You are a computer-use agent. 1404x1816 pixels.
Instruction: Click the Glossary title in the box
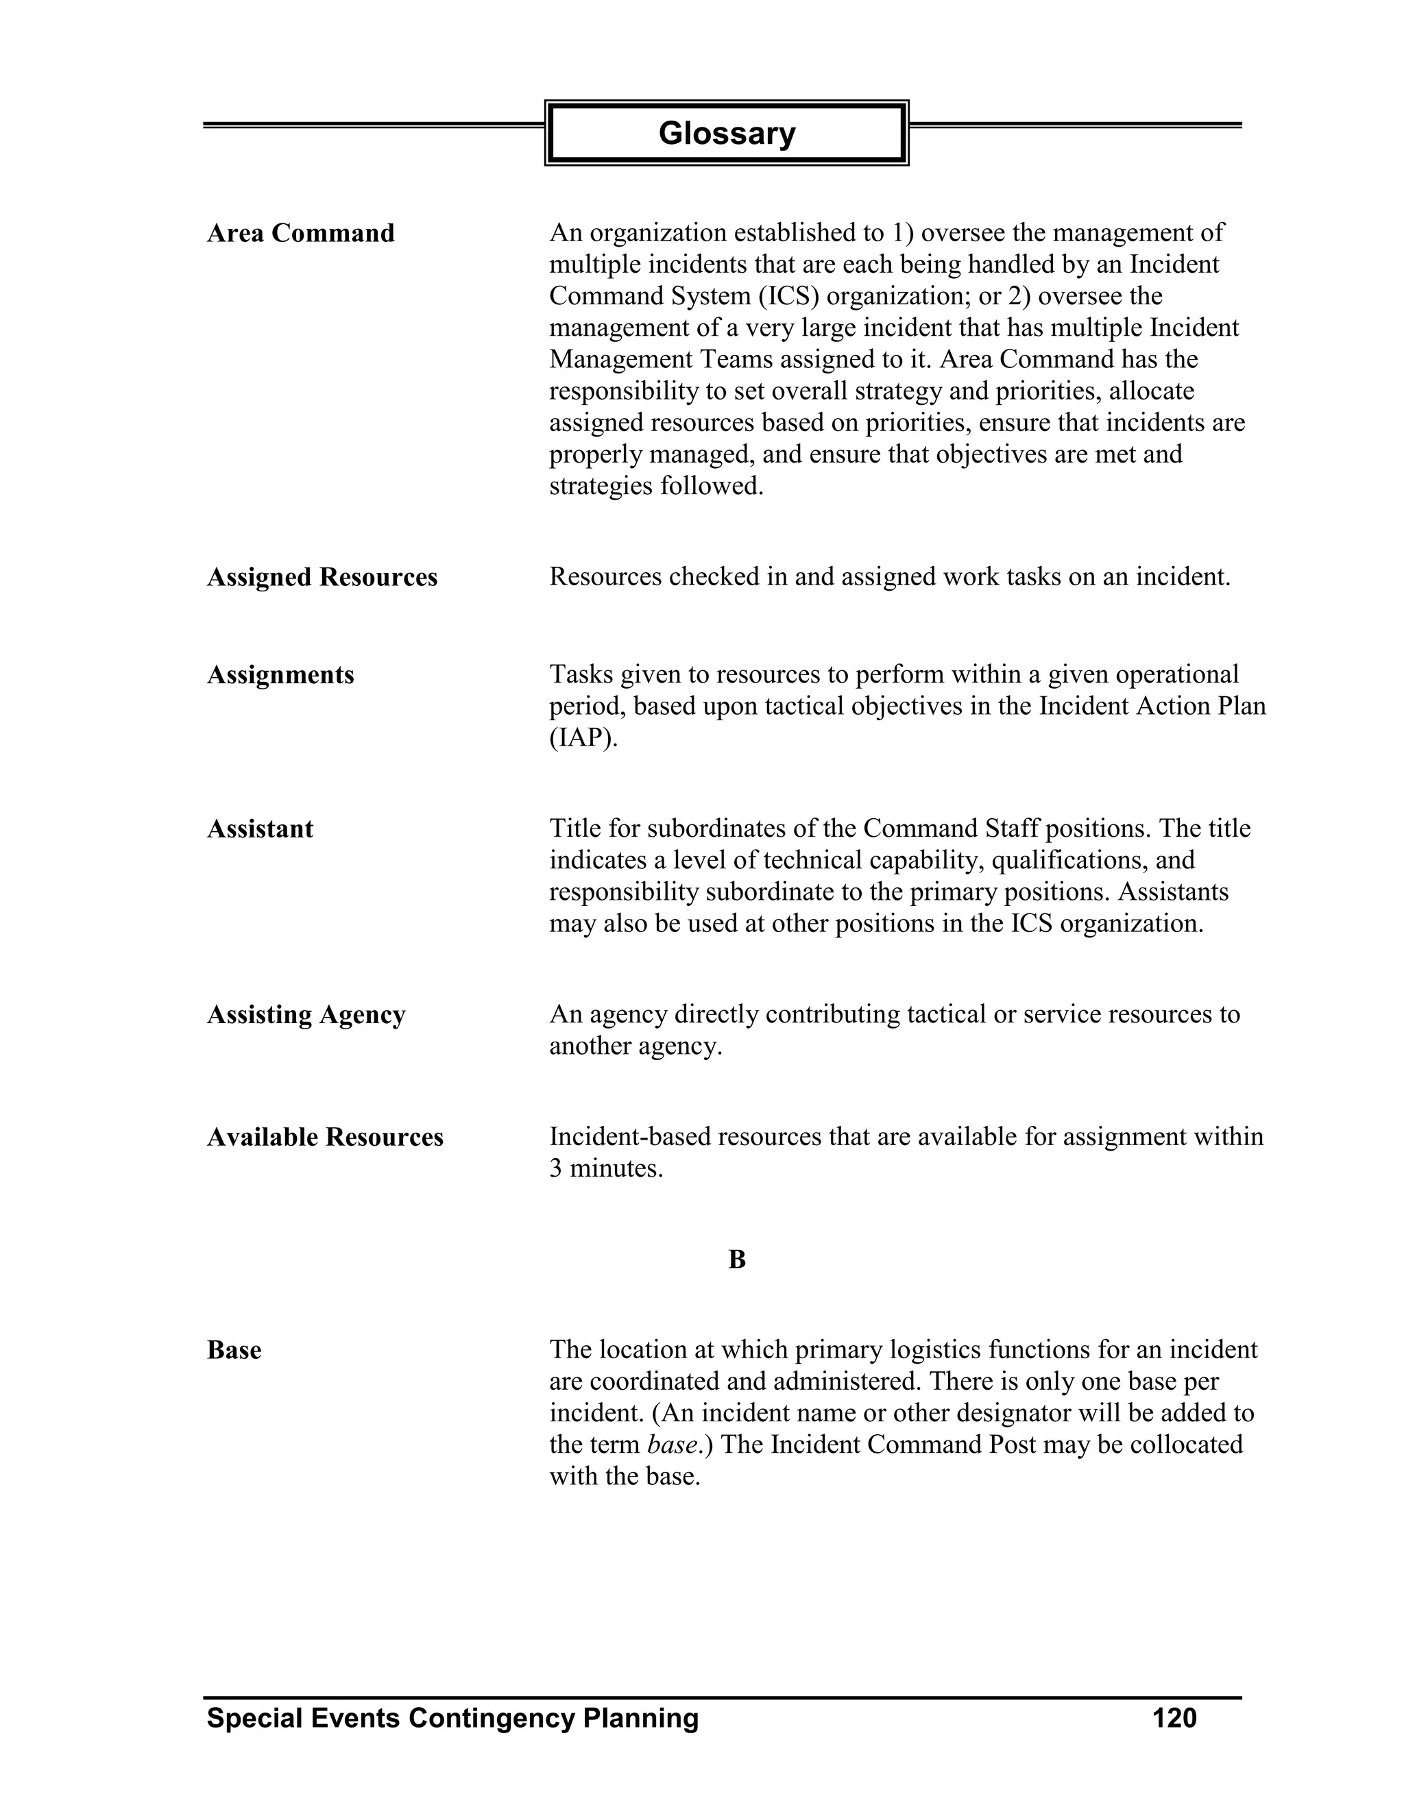coord(726,133)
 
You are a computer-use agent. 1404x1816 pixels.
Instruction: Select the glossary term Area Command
coord(300,233)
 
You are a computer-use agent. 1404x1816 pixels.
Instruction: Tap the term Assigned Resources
coord(322,577)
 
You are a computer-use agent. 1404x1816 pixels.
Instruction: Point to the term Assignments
coord(280,674)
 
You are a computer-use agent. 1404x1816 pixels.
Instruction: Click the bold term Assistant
coord(260,829)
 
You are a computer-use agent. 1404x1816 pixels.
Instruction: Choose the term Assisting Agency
coord(306,1014)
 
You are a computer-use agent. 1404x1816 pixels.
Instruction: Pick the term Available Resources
coord(325,1137)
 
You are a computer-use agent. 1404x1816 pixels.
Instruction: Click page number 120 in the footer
coord(1174,1718)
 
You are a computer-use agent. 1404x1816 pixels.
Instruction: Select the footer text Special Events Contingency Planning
coord(452,1718)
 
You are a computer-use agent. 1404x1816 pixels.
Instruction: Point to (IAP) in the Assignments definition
coord(583,737)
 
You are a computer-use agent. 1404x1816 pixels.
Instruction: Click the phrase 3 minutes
coord(605,1168)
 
